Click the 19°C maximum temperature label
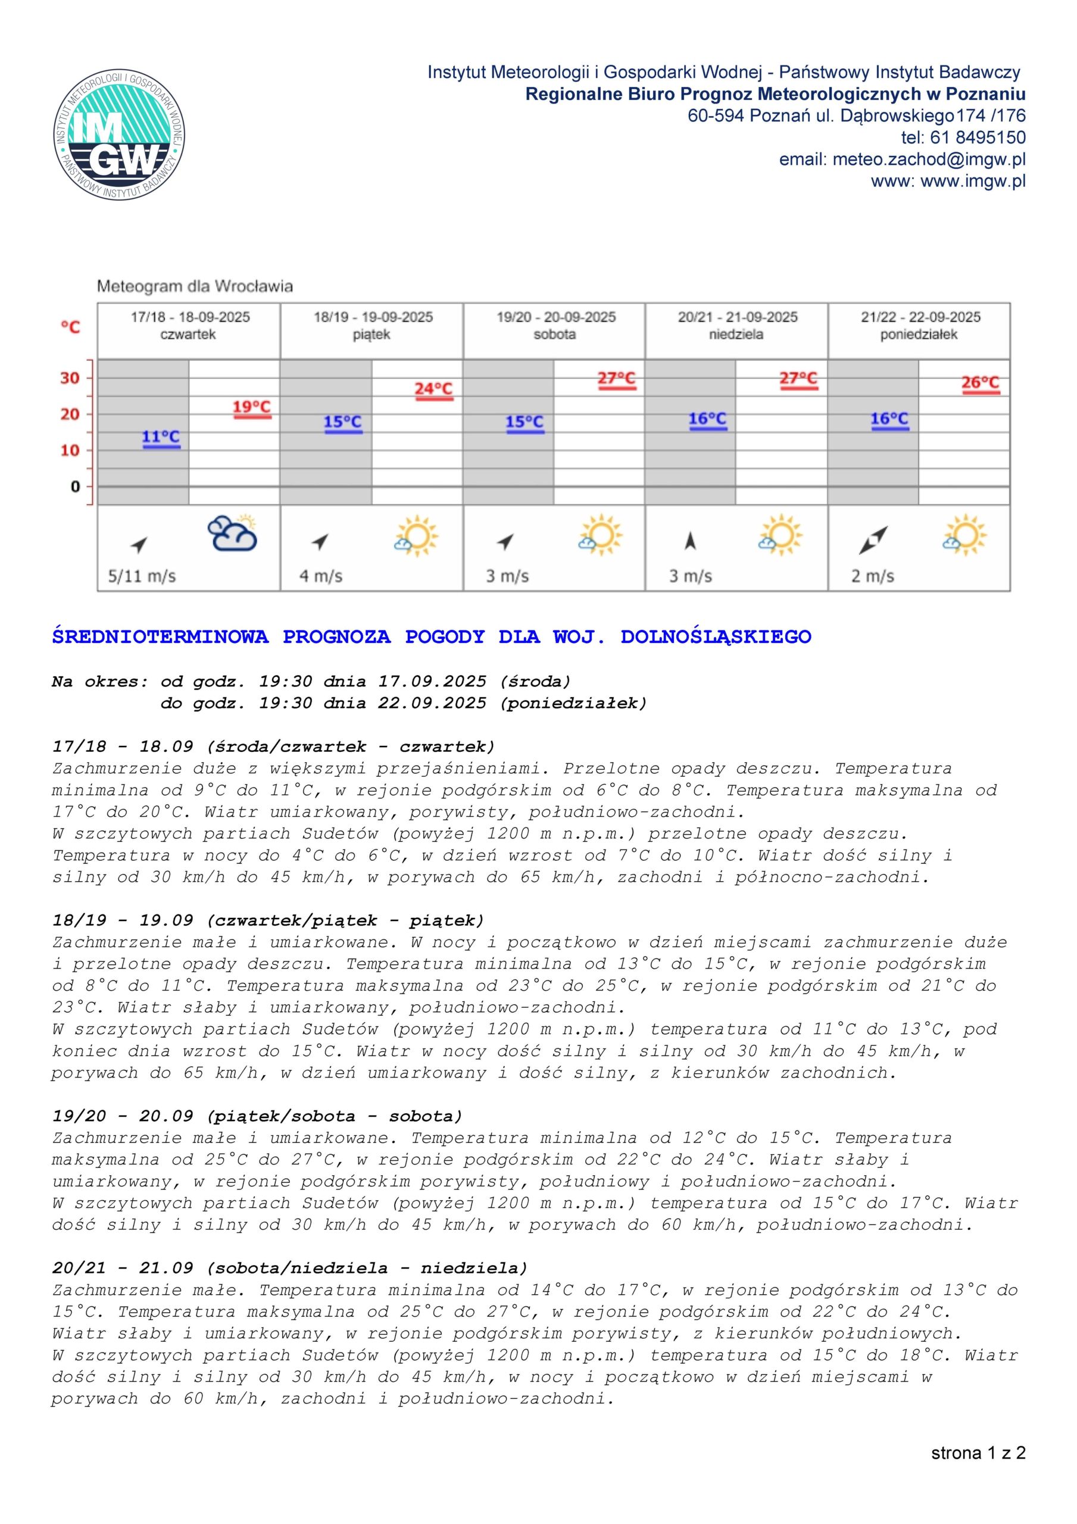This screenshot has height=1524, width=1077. [x=252, y=407]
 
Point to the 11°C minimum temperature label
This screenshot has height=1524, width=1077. [x=161, y=437]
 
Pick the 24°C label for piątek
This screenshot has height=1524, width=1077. [x=433, y=389]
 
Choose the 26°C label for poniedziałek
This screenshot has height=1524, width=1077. [x=980, y=383]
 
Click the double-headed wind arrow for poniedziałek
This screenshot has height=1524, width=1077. [x=873, y=541]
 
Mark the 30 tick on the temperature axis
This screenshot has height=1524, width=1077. [x=70, y=379]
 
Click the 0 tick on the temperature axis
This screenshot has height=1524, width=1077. [x=75, y=486]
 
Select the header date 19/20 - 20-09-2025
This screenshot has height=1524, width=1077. [x=555, y=317]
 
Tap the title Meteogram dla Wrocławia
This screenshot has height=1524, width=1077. [x=195, y=287]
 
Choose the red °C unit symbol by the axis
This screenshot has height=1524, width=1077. [x=70, y=327]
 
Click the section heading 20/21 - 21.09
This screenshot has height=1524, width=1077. [x=123, y=1269]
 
